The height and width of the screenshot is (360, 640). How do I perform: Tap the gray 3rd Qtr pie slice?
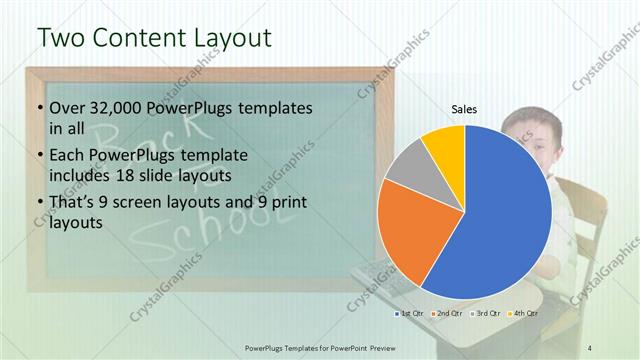pos(405,168)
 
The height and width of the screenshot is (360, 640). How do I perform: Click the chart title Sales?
pos(464,109)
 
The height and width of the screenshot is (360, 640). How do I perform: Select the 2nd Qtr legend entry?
pos(446,313)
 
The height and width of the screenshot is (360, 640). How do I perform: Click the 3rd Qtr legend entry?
pos(485,313)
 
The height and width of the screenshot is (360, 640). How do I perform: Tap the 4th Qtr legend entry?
pos(522,313)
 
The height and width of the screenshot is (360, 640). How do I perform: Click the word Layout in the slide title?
pos(232,37)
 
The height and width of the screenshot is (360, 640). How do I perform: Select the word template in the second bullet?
pos(207,156)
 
